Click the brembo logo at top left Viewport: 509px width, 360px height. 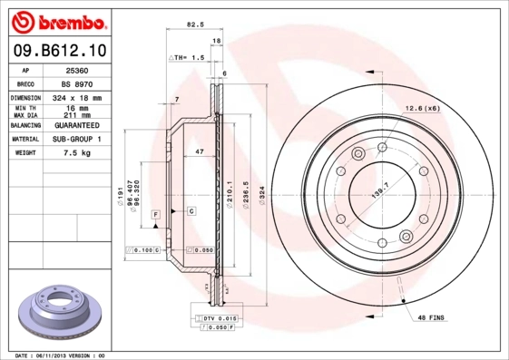[57, 21]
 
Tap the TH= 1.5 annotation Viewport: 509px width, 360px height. [188, 57]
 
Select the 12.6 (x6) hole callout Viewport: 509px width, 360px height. [422, 109]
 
